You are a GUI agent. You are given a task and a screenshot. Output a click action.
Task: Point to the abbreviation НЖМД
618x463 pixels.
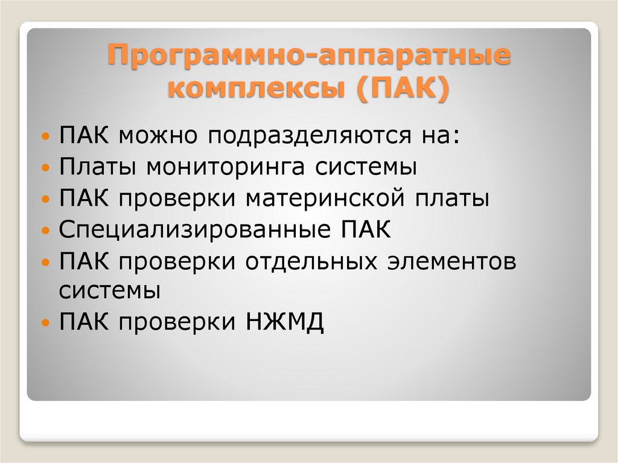pos(285,322)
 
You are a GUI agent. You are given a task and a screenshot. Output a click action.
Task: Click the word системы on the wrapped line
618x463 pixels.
pos(110,290)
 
